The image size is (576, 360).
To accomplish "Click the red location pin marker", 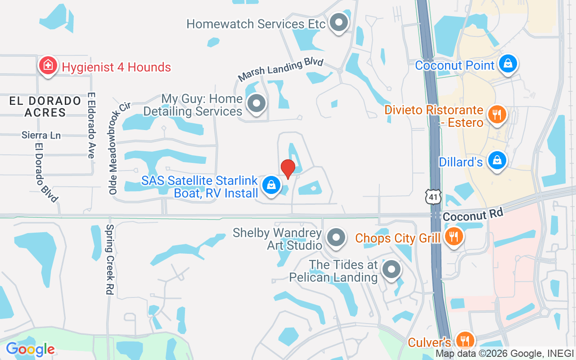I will pos(288,169).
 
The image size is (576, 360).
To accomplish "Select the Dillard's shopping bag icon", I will pos(497,160).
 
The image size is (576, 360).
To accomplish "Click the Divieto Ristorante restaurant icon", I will pos(497,114).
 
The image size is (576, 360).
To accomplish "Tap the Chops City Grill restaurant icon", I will pos(454,236).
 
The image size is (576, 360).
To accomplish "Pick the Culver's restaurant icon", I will pos(464,340).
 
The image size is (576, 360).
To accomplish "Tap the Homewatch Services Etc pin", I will pos(339,22).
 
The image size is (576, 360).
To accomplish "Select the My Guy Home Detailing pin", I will pos(256,103).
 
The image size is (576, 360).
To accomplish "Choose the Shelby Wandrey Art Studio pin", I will pos(336,237).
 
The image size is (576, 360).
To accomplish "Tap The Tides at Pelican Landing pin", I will pos(391,269).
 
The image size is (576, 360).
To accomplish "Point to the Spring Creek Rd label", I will pos(109,260).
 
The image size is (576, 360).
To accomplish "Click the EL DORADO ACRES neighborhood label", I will pos(45,107).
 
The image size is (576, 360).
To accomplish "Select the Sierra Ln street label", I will pos(41,135).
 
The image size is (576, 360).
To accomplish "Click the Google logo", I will pos(30,349).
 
